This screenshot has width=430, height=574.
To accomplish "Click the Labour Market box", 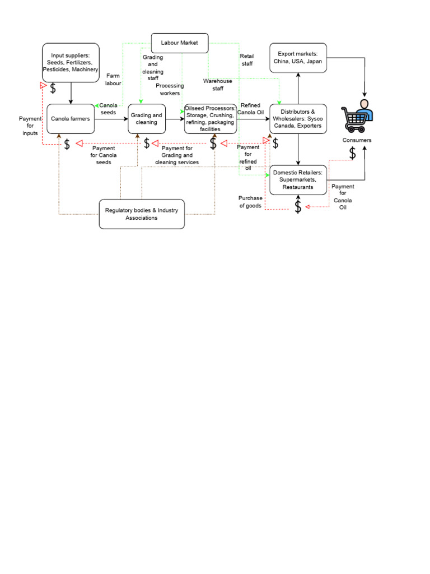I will pos(180,43).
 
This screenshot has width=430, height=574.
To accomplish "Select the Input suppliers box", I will pos(71,62).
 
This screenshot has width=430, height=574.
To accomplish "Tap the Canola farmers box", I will pos(71,119).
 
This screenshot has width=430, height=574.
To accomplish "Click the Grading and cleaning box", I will pos(147,119).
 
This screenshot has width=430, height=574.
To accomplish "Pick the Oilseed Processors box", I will pos(211,119).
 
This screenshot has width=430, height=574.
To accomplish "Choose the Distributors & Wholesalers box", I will pos(298,119).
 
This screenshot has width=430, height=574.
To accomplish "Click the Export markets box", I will pos(298,58).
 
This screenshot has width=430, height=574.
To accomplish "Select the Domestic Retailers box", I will pos(298,180).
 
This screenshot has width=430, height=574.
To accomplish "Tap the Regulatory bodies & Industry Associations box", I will pos(142,214).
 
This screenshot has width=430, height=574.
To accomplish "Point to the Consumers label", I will pos(357,140).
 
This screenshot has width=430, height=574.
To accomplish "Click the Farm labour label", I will pos(113,79).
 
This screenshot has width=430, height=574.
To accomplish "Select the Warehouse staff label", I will pos(218,85).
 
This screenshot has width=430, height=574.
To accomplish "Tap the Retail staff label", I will pos(246,60).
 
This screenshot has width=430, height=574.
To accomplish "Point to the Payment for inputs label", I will pos(30,126).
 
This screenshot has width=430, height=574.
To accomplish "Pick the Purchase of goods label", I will pos(250,202).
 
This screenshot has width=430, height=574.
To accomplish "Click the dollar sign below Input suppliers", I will pos(53,89).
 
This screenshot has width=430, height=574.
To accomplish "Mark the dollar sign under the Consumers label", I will pos(353,153).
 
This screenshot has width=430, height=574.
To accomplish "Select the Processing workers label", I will pos(170,89).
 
